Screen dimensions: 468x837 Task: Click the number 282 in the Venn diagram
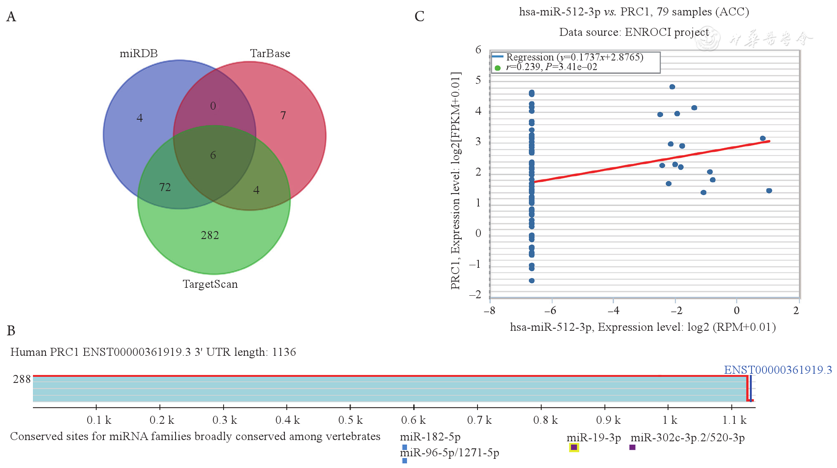tap(210, 235)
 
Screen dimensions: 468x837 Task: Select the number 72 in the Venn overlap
tap(165, 187)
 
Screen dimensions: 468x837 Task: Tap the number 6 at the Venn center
tap(213, 155)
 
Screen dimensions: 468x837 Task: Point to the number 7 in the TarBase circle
tap(283, 116)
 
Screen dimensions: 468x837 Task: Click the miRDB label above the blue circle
tap(138, 53)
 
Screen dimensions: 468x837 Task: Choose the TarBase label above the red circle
tap(270, 53)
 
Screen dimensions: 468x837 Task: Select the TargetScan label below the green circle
tap(210, 284)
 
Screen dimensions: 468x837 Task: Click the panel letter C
tap(420, 17)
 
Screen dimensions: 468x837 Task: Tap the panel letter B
tap(11, 331)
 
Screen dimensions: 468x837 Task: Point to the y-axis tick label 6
tap(478, 50)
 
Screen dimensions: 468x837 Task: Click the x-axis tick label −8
tap(490, 311)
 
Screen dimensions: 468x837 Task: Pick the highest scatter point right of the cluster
tap(672, 87)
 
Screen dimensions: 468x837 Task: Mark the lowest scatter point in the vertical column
tap(532, 281)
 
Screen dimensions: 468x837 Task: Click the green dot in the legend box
tap(498, 68)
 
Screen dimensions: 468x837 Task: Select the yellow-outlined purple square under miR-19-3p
tap(574, 447)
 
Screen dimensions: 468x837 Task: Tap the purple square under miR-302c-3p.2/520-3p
tap(632, 447)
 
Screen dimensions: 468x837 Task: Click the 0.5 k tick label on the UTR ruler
tap(351, 420)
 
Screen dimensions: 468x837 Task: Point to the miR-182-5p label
tap(430, 437)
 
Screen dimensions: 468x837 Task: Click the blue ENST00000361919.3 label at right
tap(778, 370)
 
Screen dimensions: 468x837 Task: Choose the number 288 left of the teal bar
tap(22, 379)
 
